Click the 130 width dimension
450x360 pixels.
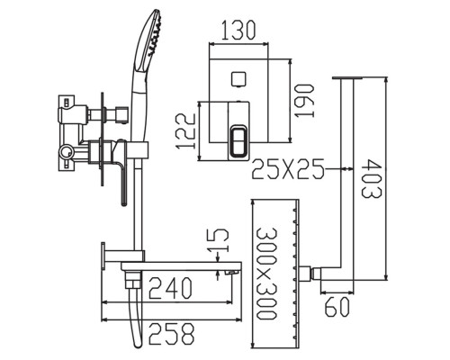238,31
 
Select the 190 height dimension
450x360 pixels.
304,101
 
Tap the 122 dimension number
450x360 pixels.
186,131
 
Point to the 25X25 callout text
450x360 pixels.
288,169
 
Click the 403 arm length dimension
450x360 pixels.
372,179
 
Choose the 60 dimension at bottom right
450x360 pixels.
337,307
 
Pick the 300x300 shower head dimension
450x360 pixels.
265,274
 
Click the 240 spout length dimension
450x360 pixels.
170,288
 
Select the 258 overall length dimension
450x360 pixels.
171,334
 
